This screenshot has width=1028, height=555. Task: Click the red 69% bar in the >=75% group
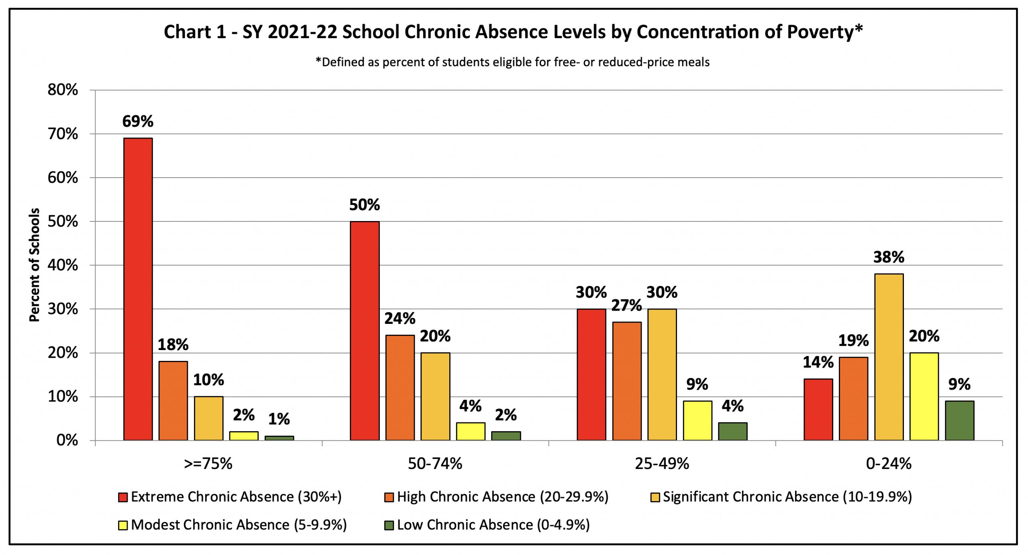pos(138,289)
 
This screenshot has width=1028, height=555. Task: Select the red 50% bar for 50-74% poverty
pos(365,331)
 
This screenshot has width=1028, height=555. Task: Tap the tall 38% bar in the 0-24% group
pos(889,357)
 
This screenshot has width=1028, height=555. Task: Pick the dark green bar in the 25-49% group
pos(733,431)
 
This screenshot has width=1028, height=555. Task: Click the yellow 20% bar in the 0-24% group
pos(924,396)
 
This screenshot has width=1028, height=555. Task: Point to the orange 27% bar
pos(627,381)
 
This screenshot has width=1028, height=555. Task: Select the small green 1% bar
pos(279,438)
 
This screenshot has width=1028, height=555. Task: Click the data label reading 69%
pos(138,121)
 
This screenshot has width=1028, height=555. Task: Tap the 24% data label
pos(400,319)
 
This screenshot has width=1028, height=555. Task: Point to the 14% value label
pos(818,362)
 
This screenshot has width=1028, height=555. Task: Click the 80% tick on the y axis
pos(63,90)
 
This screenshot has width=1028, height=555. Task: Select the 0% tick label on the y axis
pos(67,440)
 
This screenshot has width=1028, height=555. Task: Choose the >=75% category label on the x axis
pos(208,464)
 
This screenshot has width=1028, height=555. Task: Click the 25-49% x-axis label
pos(662,464)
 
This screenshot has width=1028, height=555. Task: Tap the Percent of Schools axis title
pos(35,265)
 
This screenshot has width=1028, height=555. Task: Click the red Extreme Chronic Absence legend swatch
pos(123,498)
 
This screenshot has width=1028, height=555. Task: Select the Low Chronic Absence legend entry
pos(487,525)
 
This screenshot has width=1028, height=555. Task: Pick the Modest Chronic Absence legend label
pos(239,525)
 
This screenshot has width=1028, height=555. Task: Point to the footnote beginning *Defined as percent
pos(512,62)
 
